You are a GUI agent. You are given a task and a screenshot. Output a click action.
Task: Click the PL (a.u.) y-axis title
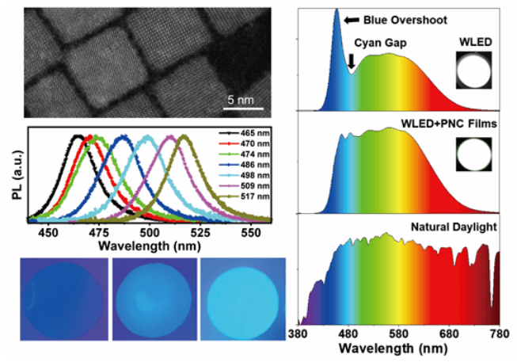tap(16, 173)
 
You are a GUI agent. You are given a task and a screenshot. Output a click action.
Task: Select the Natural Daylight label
tap(452, 228)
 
